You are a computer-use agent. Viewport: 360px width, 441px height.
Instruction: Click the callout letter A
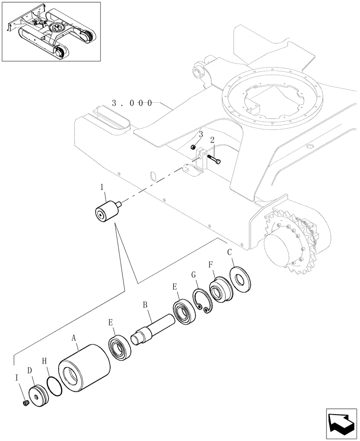point(74,338)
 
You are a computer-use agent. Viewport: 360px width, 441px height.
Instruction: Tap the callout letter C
point(229,252)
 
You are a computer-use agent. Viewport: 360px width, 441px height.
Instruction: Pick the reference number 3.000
point(132,103)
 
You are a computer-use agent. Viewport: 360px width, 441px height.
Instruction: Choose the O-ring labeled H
point(54,385)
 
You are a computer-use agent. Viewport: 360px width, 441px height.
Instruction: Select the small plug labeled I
point(25,403)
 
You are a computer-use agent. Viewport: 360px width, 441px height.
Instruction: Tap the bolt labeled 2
point(214,158)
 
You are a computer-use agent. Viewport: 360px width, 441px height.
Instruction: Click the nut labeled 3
point(193,147)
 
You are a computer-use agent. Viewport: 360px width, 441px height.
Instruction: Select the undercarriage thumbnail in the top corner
point(51,31)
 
